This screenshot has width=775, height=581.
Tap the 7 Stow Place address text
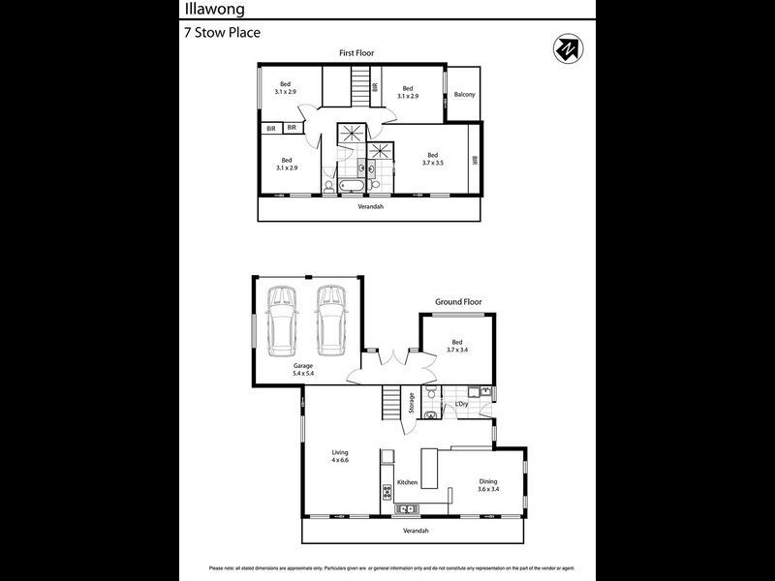tap(222, 32)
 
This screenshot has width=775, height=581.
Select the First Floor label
tap(356, 53)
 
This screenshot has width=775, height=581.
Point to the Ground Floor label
tap(458, 302)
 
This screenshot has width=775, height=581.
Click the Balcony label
tap(464, 94)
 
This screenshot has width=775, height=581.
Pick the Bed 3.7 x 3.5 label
tap(433, 159)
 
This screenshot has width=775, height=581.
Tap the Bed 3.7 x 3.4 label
tap(457, 346)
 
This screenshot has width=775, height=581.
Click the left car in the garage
tap(283, 319)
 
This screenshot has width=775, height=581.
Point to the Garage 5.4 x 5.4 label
tap(304, 369)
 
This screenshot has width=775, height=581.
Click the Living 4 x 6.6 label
tap(339, 456)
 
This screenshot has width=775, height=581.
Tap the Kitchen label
tap(407, 482)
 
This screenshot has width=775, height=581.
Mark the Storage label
tap(412, 403)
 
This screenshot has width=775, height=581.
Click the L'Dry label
tap(462, 403)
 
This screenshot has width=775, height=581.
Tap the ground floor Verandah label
tap(416, 531)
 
